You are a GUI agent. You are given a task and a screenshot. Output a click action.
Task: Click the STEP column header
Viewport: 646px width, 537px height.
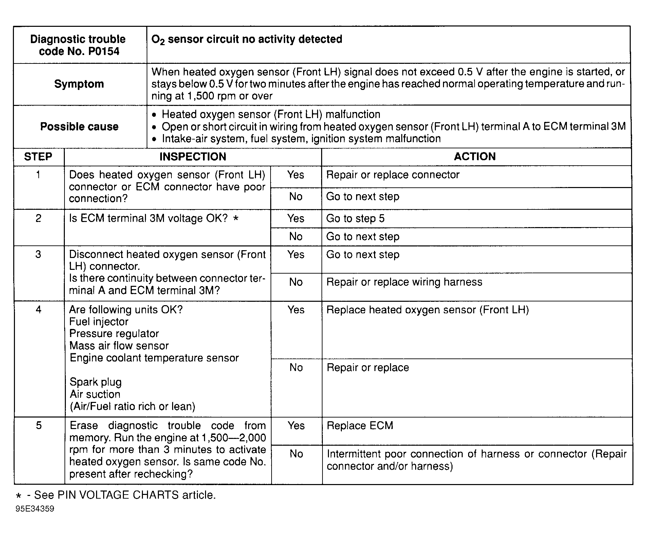coord(38,157)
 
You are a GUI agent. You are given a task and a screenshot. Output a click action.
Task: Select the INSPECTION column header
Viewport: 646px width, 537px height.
coord(193,157)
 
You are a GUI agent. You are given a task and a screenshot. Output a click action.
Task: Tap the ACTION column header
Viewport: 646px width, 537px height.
coord(475,156)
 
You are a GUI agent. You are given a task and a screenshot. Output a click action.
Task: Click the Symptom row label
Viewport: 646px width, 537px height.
coord(79,84)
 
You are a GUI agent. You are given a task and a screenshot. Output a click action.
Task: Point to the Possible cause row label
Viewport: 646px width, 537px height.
coord(79,127)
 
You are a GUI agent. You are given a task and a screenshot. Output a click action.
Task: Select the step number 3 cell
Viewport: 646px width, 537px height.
coord(38,255)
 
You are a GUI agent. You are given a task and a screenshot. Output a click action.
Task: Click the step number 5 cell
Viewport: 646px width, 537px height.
coord(39,426)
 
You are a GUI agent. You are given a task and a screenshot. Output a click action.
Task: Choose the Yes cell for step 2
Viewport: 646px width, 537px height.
coord(296,218)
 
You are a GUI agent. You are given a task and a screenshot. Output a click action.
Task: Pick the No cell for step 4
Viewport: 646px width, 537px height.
coord(296,368)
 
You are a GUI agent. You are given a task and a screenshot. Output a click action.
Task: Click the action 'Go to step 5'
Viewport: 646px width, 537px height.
coord(355,219)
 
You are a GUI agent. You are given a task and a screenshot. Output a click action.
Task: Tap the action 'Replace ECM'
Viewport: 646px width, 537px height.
coord(360,426)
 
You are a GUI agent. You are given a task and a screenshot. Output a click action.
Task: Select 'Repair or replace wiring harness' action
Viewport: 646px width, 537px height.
coord(404,282)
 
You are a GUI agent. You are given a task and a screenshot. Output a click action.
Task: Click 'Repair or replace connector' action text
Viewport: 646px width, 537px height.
coord(393,175)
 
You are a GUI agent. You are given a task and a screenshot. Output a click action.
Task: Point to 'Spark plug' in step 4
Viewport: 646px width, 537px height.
coord(95,382)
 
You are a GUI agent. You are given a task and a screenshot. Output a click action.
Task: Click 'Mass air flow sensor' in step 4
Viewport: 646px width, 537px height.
coord(119,346)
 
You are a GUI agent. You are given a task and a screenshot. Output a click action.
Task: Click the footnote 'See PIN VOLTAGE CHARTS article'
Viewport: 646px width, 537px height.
coord(125,495)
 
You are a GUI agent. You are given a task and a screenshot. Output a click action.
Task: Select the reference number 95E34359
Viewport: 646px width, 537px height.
coord(35,509)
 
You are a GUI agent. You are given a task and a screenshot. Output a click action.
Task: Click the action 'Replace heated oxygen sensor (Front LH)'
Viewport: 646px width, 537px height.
coord(428,310)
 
